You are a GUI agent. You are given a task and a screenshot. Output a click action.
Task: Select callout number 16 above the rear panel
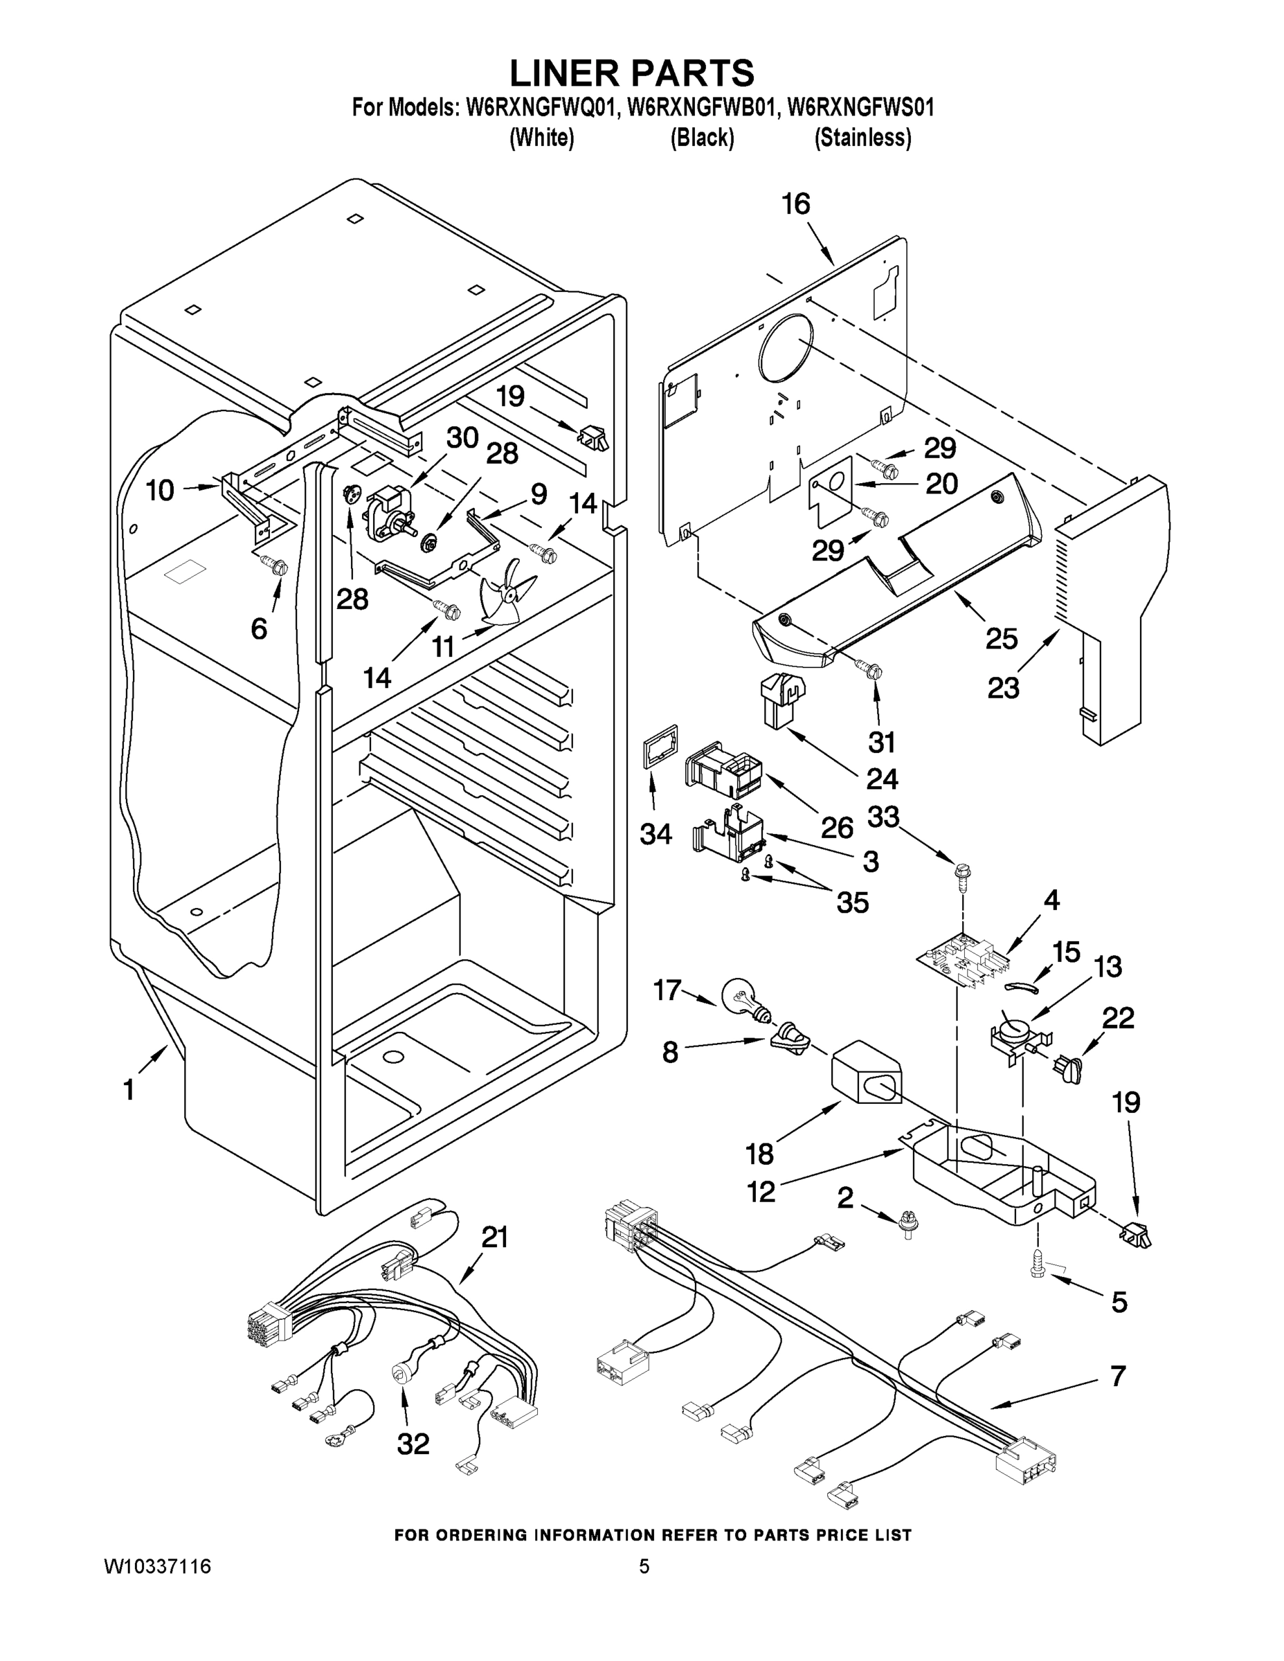(x=797, y=204)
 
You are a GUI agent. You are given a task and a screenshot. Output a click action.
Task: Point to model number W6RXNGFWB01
(x=701, y=107)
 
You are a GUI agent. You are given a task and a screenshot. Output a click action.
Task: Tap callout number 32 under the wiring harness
(x=413, y=1444)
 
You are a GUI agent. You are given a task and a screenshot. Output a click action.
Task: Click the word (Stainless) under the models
(x=862, y=138)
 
